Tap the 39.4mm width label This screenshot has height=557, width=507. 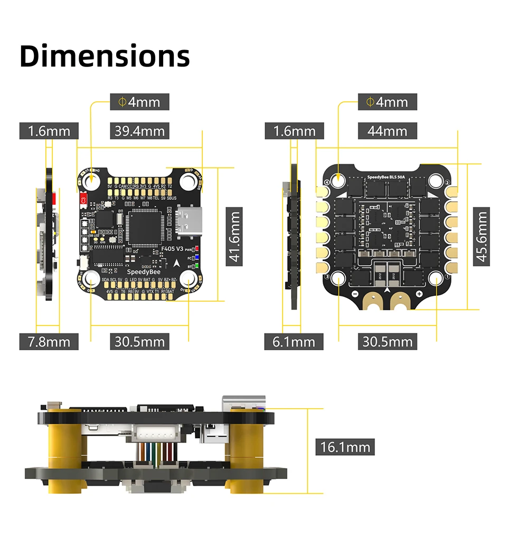pyautogui.click(x=139, y=131)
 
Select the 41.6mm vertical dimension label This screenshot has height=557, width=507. pyautogui.click(x=234, y=235)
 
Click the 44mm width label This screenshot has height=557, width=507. pyautogui.click(x=387, y=131)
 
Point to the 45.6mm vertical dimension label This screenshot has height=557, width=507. pyautogui.click(x=481, y=236)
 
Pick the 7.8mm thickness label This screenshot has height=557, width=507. pyautogui.click(x=49, y=342)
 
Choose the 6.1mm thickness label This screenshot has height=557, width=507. pyautogui.click(x=294, y=342)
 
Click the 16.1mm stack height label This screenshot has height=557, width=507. pyautogui.click(x=345, y=447)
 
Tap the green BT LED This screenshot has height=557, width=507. pyautogui.click(x=197, y=266)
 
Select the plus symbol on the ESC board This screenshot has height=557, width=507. pyautogui.click(x=419, y=293)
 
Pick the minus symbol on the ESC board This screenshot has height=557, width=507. pyautogui.click(x=355, y=293)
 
